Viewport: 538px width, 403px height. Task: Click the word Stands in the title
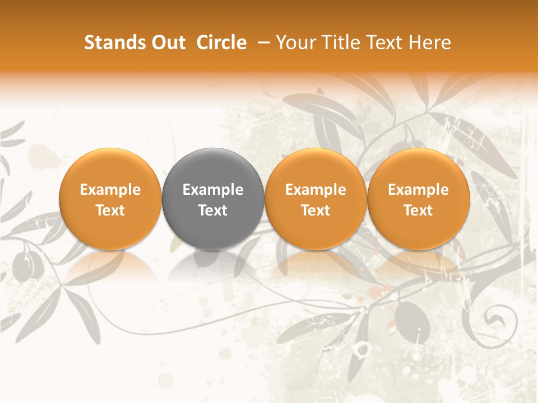tap(112, 43)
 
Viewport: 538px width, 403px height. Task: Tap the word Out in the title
tap(166, 43)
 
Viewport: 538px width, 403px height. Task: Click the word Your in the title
tap(295, 43)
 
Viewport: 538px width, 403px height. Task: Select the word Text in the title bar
tap(385, 43)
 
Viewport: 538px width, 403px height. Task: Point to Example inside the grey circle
tap(213, 190)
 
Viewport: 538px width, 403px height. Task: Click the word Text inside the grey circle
tap(213, 210)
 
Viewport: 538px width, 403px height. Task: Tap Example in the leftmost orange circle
tap(110, 190)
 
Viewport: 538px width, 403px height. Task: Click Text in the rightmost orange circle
tap(419, 210)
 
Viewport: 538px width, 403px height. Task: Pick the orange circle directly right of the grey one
tap(316, 199)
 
